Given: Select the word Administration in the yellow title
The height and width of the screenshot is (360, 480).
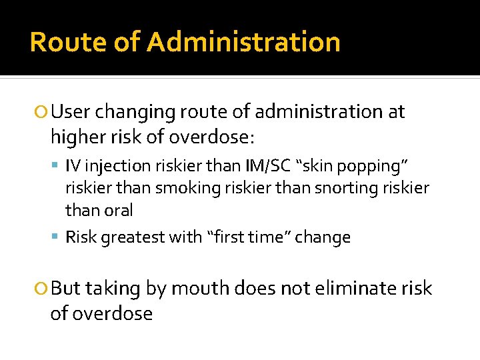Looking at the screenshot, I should (x=243, y=42).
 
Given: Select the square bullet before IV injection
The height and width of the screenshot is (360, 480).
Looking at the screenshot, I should (x=57, y=163).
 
